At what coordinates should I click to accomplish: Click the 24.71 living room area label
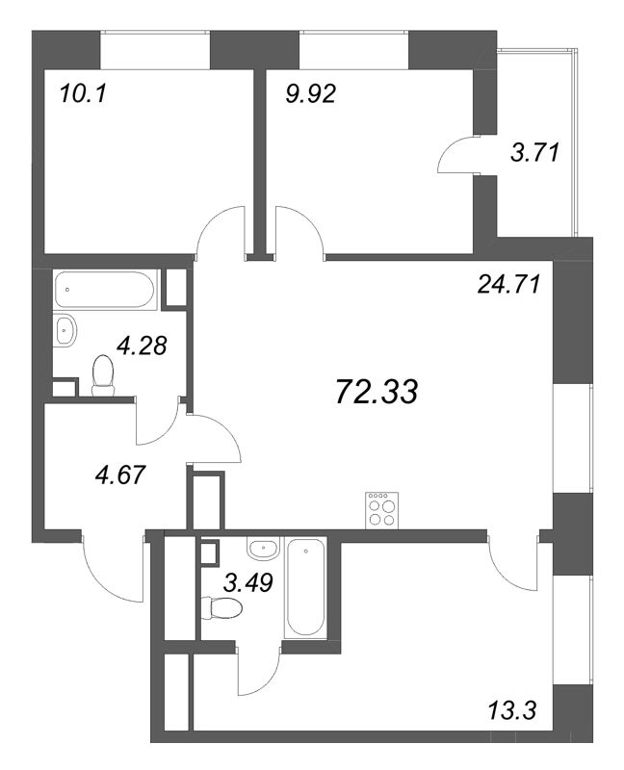pyautogui.click(x=507, y=284)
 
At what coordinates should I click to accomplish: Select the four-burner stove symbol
pyautogui.click(x=381, y=509)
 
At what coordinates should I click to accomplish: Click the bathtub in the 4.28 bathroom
pyautogui.click(x=104, y=289)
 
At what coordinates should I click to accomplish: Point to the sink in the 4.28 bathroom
pyautogui.click(x=65, y=330)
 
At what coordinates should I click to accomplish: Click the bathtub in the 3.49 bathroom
pyautogui.click(x=306, y=587)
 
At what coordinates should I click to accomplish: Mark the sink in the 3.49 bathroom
pyautogui.click(x=261, y=550)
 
